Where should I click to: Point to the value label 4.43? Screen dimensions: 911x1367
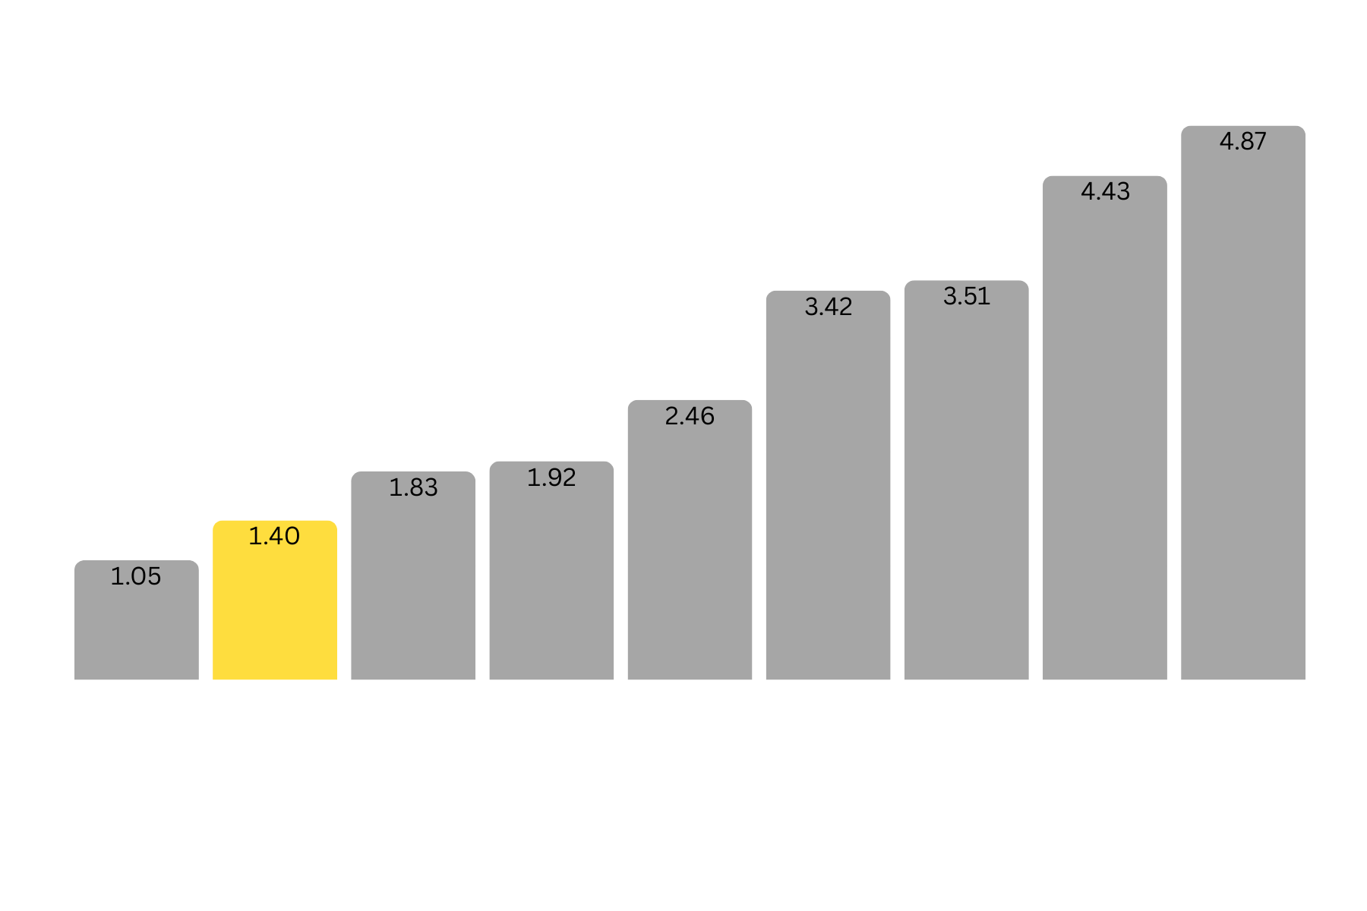click(x=1105, y=191)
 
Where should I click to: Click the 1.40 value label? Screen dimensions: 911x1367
click(x=274, y=537)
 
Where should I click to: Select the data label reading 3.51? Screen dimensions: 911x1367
click(x=967, y=296)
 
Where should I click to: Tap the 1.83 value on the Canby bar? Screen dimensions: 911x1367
click(x=413, y=487)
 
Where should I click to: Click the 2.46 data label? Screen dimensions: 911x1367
click(x=690, y=416)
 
